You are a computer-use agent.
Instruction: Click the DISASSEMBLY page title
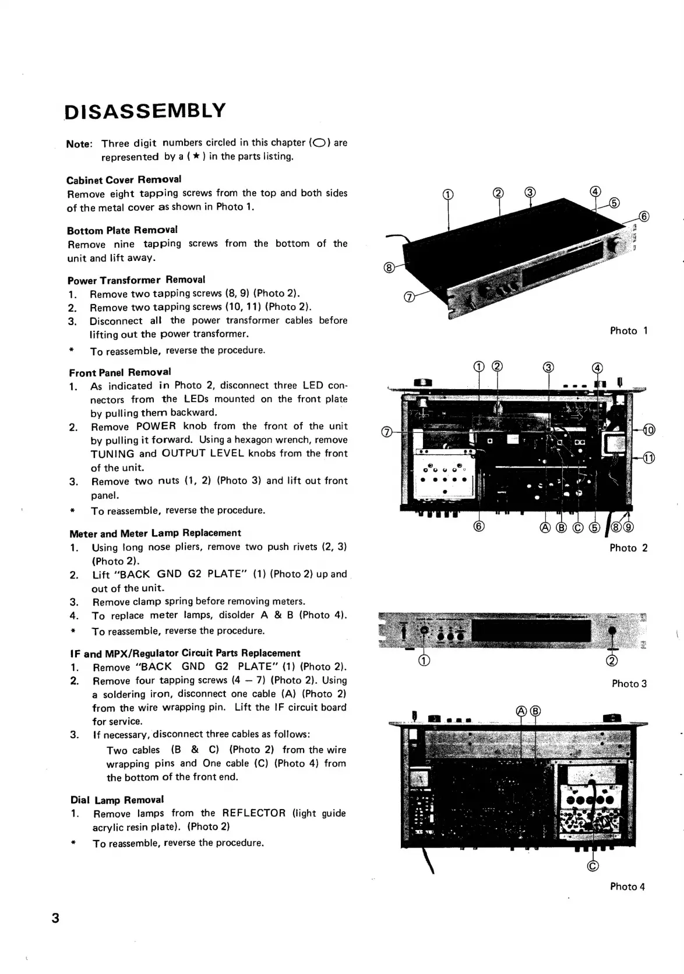pyautogui.click(x=144, y=111)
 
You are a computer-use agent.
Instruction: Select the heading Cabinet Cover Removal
pyautogui.click(x=124, y=179)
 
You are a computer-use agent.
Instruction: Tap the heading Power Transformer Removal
pyautogui.click(x=136, y=280)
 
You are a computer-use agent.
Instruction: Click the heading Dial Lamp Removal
pyautogui.click(x=117, y=800)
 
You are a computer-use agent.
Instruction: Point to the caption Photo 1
pyautogui.click(x=628, y=331)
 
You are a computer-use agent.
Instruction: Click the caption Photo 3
pyautogui.click(x=629, y=684)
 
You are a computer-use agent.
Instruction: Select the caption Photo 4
pyautogui.click(x=627, y=887)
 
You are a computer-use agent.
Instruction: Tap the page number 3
pyautogui.click(x=55, y=918)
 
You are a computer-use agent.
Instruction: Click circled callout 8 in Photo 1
pyautogui.click(x=389, y=267)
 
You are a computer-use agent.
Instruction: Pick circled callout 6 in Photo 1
pyautogui.click(x=644, y=217)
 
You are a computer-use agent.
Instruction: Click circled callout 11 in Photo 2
pyautogui.click(x=649, y=458)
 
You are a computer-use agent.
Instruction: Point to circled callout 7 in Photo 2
pyautogui.click(x=386, y=432)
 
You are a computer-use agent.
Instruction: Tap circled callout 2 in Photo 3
pyautogui.click(x=612, y=661)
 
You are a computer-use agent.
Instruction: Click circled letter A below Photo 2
pyautogui.click(x=545, y=528)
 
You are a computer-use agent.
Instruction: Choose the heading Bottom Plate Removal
pyautogui.click(x=122, y=230)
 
